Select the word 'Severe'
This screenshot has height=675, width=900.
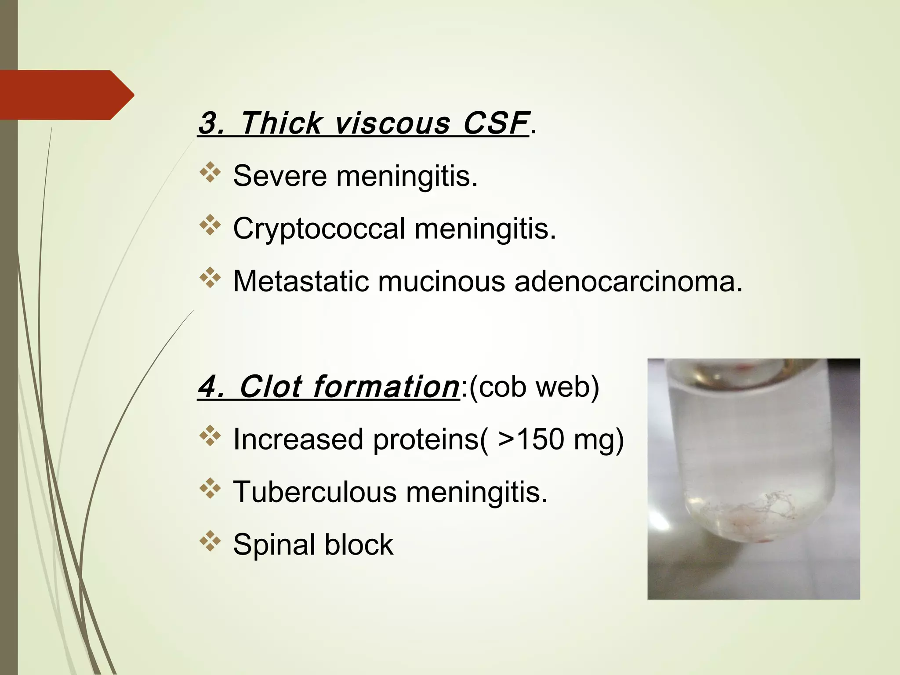(279, 176)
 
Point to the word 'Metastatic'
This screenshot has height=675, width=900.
(301, 281)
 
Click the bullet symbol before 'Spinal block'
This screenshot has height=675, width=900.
(210, 541)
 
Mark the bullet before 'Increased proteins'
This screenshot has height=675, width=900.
(210, 436)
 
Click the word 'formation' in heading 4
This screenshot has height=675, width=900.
(386, 387)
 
